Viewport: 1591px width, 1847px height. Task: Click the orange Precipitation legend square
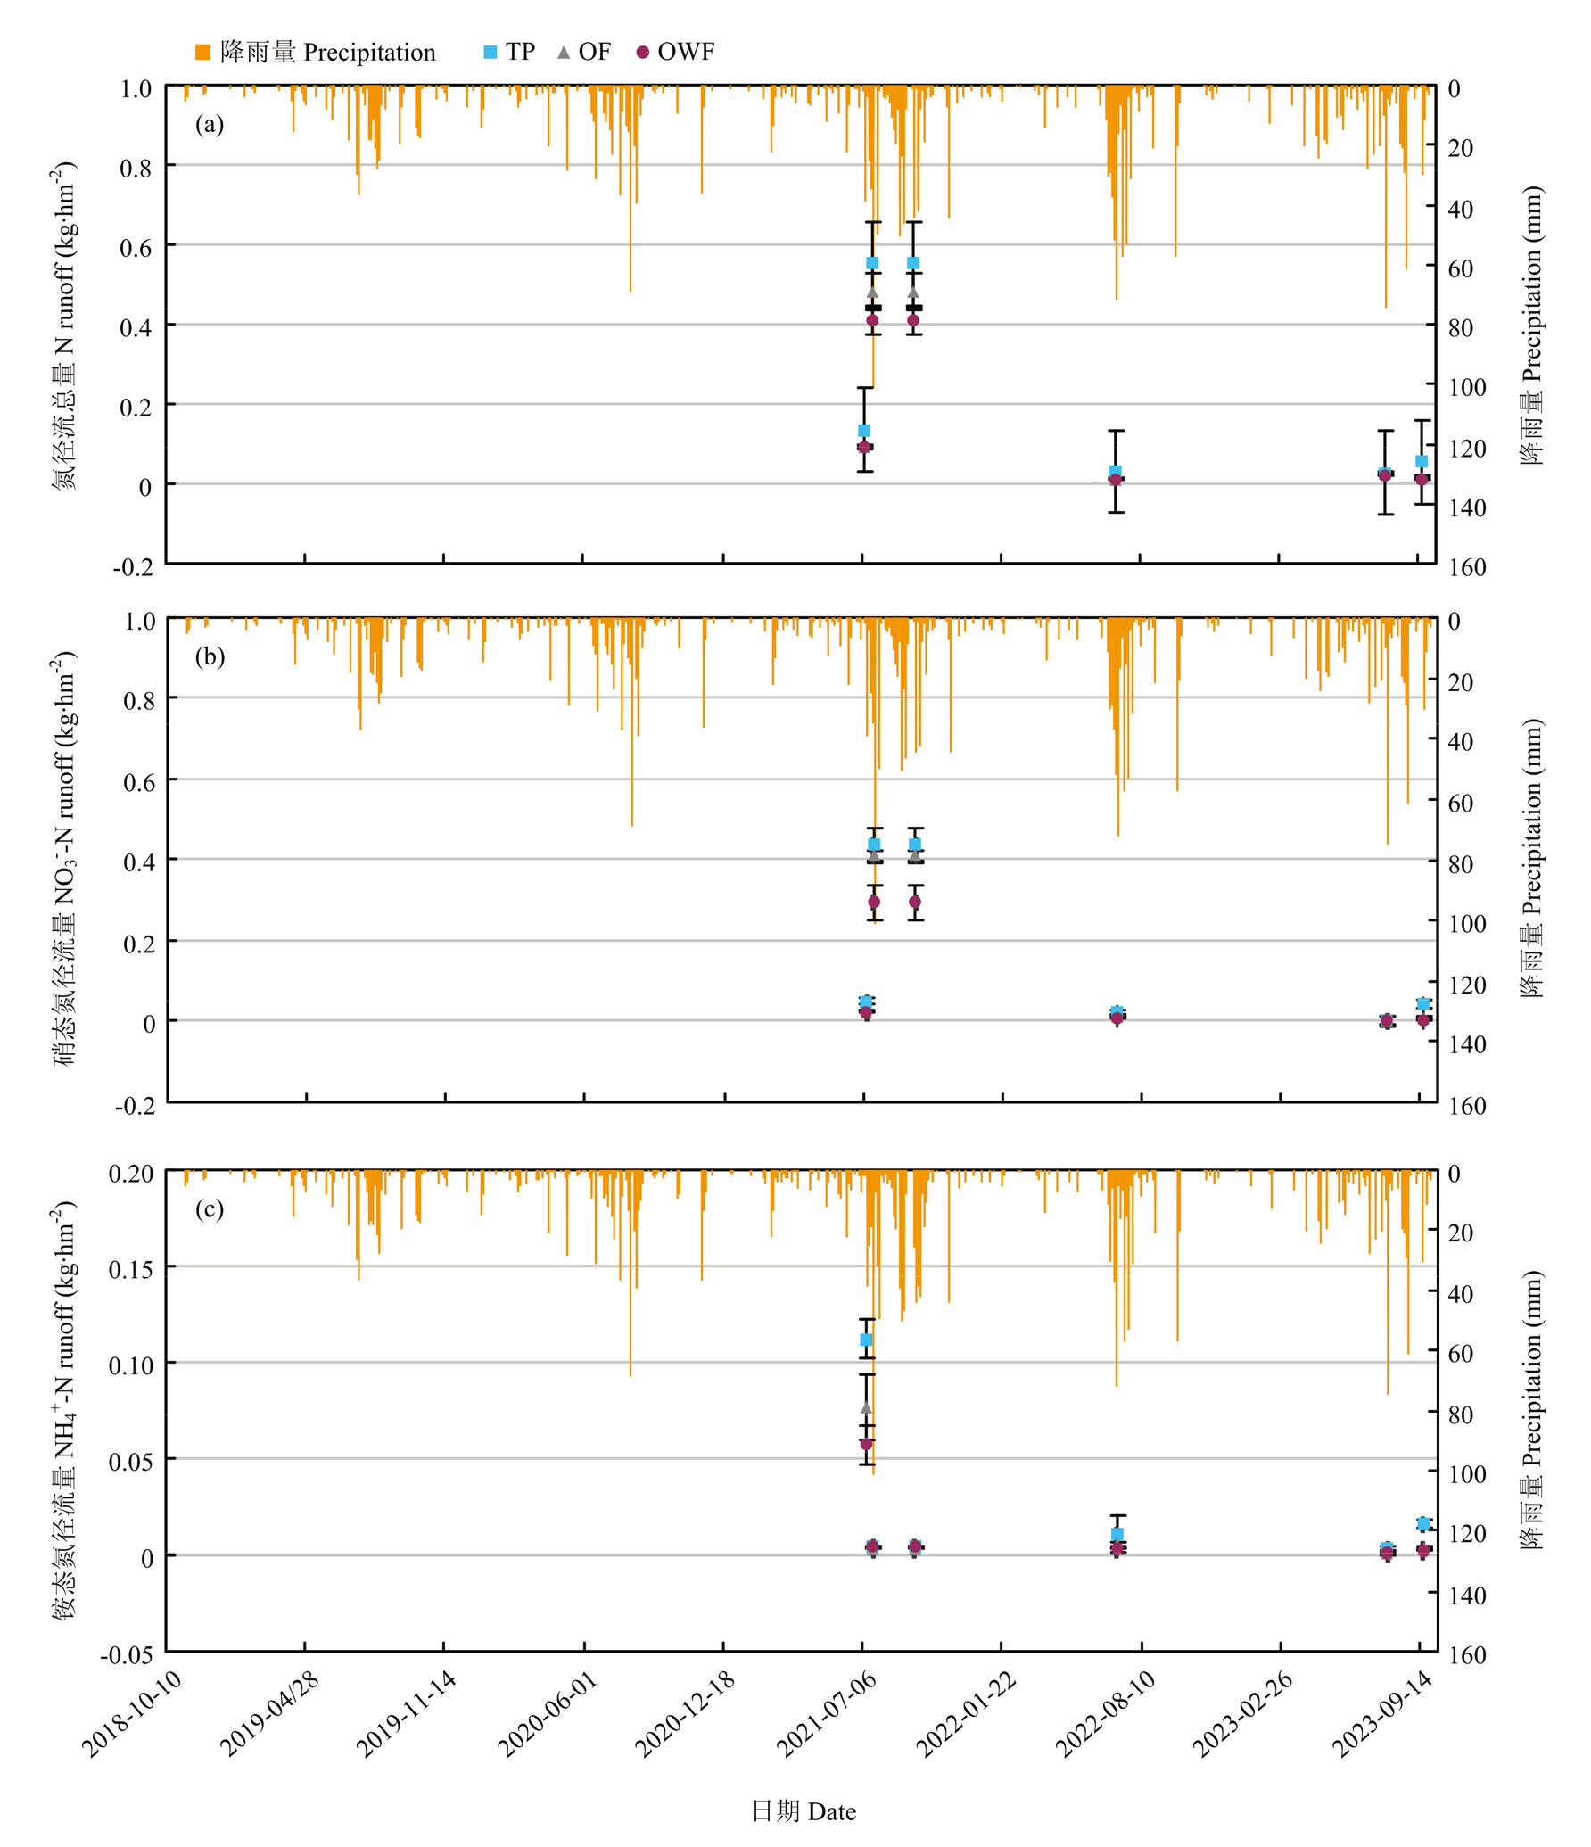point(202,53)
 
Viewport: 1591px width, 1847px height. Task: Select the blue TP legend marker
point(490,53)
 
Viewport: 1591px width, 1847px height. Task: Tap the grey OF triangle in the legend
point(563,53)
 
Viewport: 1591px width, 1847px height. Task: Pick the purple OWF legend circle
point(642,53)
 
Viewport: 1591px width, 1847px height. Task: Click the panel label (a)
point(210,124)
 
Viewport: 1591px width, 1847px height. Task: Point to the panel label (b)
point(210,656)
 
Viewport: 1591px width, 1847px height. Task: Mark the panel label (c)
point(210,1208)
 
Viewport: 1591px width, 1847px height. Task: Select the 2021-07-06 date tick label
point(827,1713)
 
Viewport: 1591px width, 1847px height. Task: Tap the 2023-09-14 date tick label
point(1382,1713)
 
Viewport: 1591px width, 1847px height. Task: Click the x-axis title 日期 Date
point(804,1811)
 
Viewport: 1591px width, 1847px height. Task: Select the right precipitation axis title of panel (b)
point(1531,858)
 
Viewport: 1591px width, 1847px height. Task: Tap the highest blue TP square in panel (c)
point(866,1340)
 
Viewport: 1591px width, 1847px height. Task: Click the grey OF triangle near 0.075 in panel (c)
point(866,1407)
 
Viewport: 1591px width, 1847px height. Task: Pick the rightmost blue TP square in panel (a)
point(1422,461)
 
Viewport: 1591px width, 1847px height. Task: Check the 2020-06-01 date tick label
point(548,1713)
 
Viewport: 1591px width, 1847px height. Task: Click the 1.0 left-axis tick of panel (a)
point(136,88)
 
